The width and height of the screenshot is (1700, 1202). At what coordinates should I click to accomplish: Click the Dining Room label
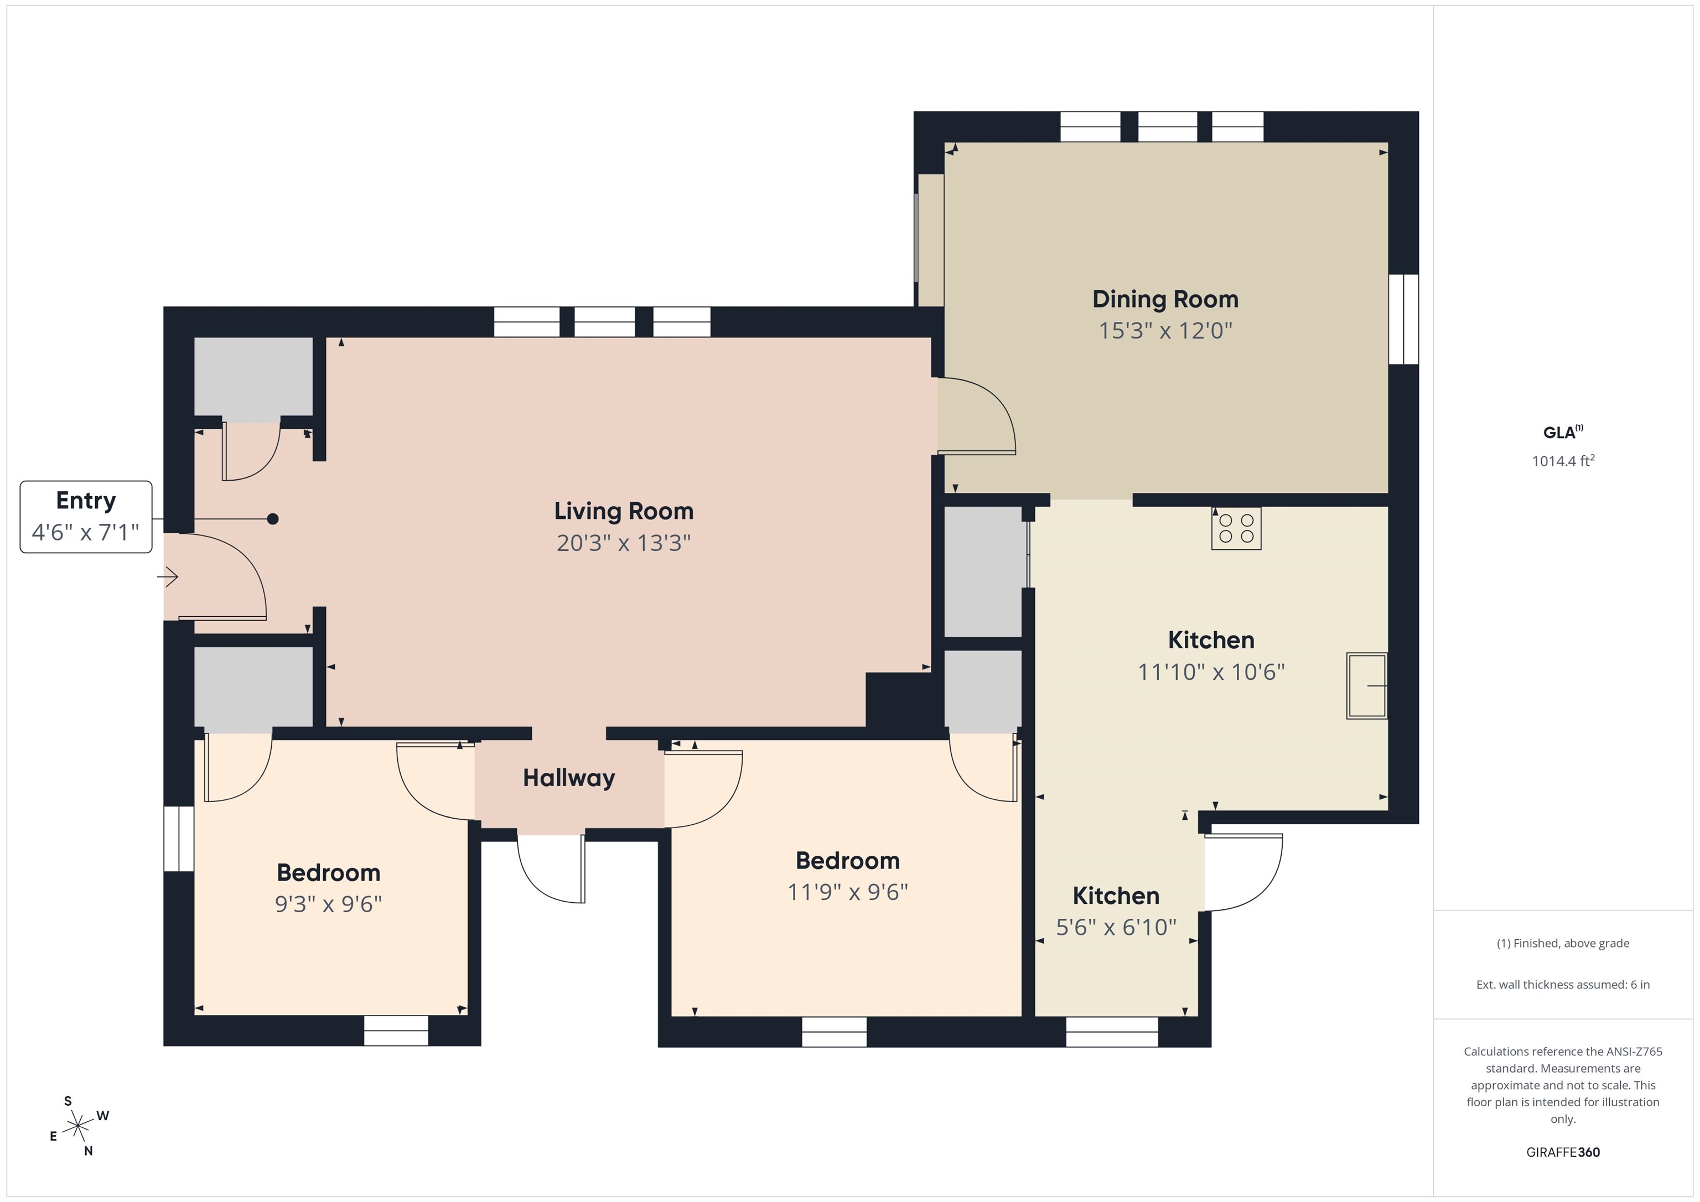1165,299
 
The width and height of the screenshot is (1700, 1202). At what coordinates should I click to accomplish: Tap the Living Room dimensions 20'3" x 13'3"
624,543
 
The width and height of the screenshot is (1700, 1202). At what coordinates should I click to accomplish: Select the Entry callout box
86,517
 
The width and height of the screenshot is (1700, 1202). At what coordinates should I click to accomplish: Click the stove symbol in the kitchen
1236,528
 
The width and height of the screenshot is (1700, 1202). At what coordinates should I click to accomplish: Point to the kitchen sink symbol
1367,686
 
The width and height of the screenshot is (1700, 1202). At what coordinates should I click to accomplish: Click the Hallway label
569,778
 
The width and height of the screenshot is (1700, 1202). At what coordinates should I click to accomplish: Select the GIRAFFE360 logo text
1563,1152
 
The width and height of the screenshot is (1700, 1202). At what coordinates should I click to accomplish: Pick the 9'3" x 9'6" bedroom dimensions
328,904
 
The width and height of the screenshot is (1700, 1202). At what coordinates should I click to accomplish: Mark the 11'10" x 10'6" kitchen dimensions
1211,672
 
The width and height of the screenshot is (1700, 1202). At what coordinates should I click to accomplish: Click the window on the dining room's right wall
1403,319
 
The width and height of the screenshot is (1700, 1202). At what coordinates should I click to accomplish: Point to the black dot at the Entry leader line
272,519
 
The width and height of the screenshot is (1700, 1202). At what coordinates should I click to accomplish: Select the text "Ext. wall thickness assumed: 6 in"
1563,985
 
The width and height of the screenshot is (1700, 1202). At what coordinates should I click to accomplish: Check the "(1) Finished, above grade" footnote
1563,943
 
